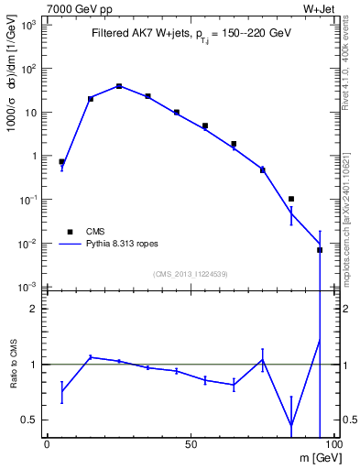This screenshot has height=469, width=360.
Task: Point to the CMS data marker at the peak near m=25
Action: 119,86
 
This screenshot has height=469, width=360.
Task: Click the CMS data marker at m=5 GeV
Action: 61,161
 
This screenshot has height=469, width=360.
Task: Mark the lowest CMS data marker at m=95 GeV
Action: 320,249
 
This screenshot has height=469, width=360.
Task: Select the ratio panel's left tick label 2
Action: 34,309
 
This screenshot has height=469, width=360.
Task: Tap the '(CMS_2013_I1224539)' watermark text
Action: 191,274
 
